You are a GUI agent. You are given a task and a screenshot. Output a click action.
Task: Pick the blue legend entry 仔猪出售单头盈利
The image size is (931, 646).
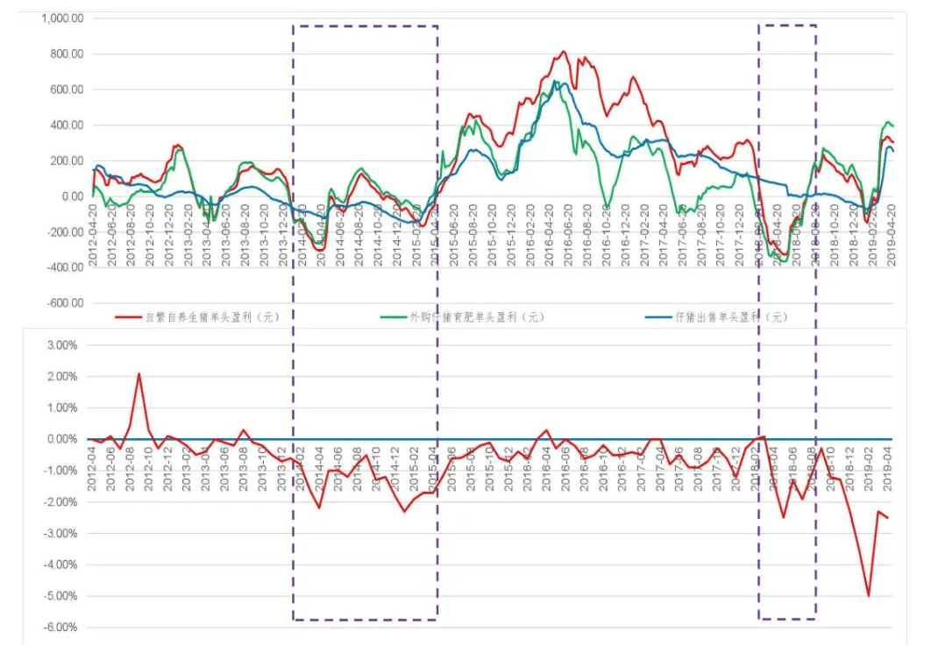719,316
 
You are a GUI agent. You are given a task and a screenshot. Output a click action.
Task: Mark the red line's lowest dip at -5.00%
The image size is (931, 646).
868,596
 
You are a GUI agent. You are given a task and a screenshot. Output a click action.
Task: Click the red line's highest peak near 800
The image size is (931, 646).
564,52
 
